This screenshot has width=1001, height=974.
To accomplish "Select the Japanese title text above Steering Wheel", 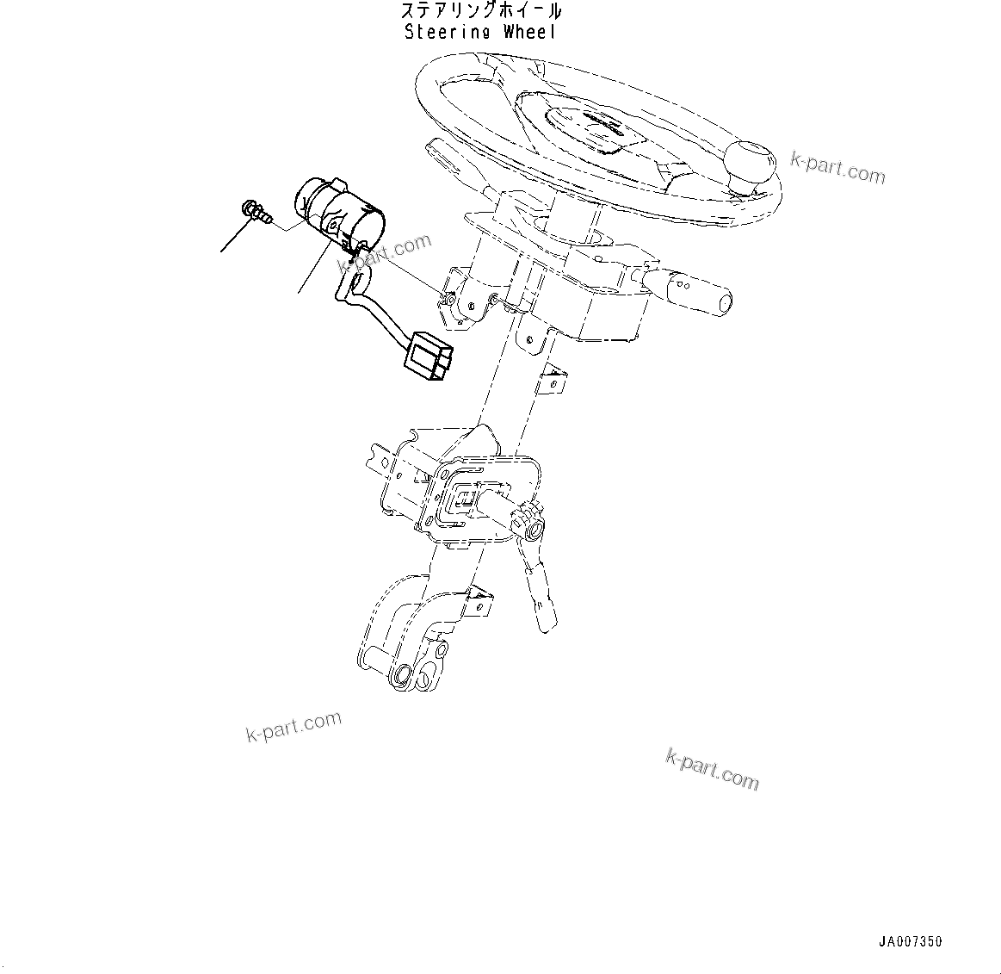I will (481, 11).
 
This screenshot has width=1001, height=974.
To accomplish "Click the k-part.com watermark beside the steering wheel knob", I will (838, 168).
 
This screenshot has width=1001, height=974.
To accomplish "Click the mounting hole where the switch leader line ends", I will (449, 299).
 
